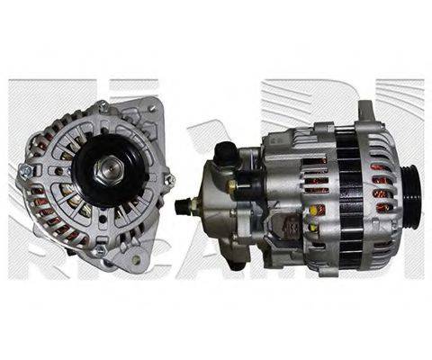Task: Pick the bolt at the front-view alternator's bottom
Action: (101, 244)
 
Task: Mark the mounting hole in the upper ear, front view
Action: (151, 109)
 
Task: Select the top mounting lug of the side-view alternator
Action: (364, 112)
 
